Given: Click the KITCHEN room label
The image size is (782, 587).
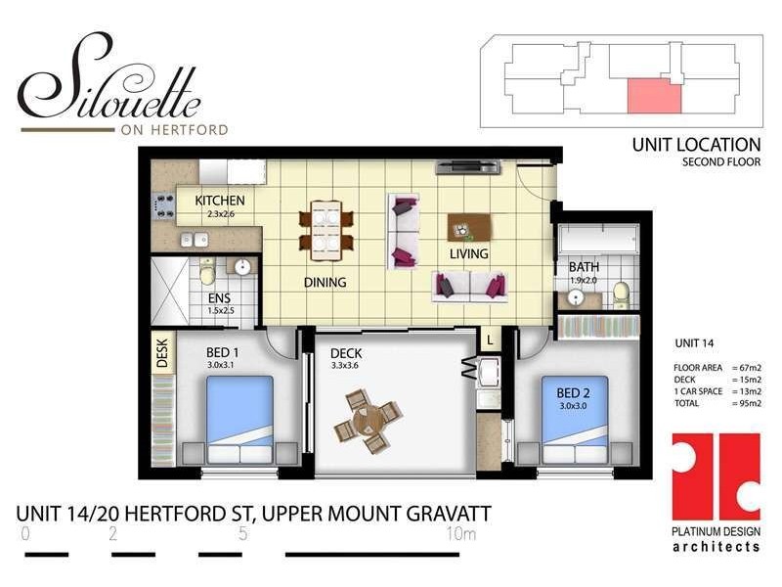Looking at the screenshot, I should click(x=220, y=201).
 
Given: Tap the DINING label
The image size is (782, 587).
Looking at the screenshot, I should click(x=325, y=282).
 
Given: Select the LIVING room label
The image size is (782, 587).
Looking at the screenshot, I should click(x=468, y=253).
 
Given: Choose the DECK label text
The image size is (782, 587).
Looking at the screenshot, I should click(x=346, y=354).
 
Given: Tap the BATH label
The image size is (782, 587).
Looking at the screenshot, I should click(x=584, y=266).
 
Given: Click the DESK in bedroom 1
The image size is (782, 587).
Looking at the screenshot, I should click(x=162, y=353).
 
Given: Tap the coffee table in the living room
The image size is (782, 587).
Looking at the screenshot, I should click(x=464, y=227).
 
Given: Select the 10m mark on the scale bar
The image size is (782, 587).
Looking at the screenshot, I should click(x=460, y=534).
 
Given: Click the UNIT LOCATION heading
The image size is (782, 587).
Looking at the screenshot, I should click(x=695, y=145).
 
